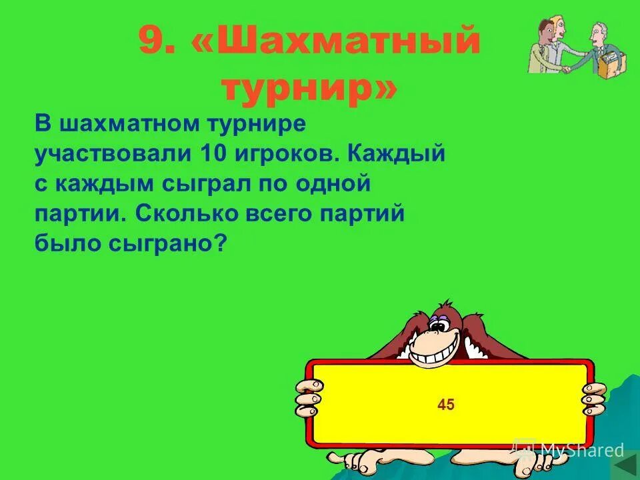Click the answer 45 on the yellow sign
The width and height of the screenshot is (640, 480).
coord(446,404)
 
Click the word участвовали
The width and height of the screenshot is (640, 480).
coord(113,154)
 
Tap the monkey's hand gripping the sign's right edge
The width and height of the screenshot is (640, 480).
coord(592,398)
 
